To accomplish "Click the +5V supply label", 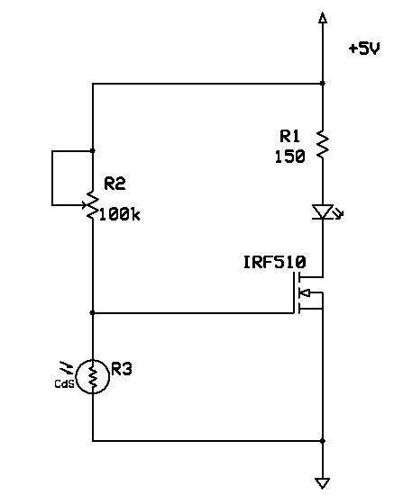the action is pos(364,49).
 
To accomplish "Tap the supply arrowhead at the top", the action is pos(323,17).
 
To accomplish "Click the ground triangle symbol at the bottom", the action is pos(323,483).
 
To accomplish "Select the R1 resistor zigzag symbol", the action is pos(323,144).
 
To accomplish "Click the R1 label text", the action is pos(289,136).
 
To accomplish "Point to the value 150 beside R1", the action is pos(289,157).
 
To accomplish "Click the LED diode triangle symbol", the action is pos(323,212).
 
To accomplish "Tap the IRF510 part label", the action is pos(275,262).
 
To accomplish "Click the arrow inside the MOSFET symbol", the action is pos(305,292).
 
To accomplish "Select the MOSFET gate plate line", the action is pos(295,292).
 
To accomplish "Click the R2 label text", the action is pos(115,184).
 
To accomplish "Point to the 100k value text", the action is pos(119,215).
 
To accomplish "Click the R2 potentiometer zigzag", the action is pos(93,205).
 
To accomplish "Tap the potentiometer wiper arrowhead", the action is pos(85,205).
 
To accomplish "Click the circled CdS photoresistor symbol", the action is pos(93,377).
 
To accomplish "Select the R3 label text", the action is pos(122,369).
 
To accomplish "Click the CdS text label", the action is pos(64,383).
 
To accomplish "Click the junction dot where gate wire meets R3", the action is pos(93,313).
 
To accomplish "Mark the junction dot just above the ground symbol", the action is pos(323,441).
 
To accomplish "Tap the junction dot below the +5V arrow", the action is pos(323,84).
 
